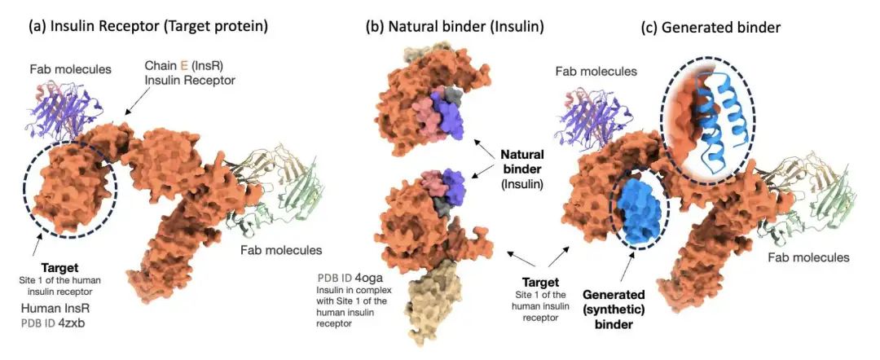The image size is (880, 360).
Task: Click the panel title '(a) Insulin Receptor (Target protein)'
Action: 147,26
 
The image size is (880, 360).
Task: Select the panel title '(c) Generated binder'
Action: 711,27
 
